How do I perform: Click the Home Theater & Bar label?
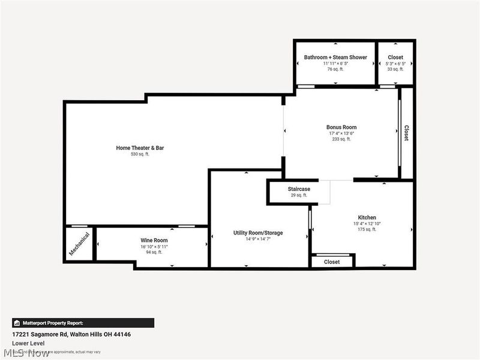point(140,148)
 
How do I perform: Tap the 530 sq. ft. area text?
point(140,154)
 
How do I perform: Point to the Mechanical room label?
point(79,244)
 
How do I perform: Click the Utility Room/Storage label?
point(258,233)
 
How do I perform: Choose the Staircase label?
point(298,189)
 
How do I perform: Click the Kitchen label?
point(367,217)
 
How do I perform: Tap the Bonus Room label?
point(341,127)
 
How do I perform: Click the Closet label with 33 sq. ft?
point(395,58)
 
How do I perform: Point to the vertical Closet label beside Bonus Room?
point(406,133)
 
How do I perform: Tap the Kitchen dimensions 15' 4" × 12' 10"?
point(367,224)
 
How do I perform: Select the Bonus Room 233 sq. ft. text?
point(341,139)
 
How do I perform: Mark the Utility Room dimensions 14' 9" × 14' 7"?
point(258,239)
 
